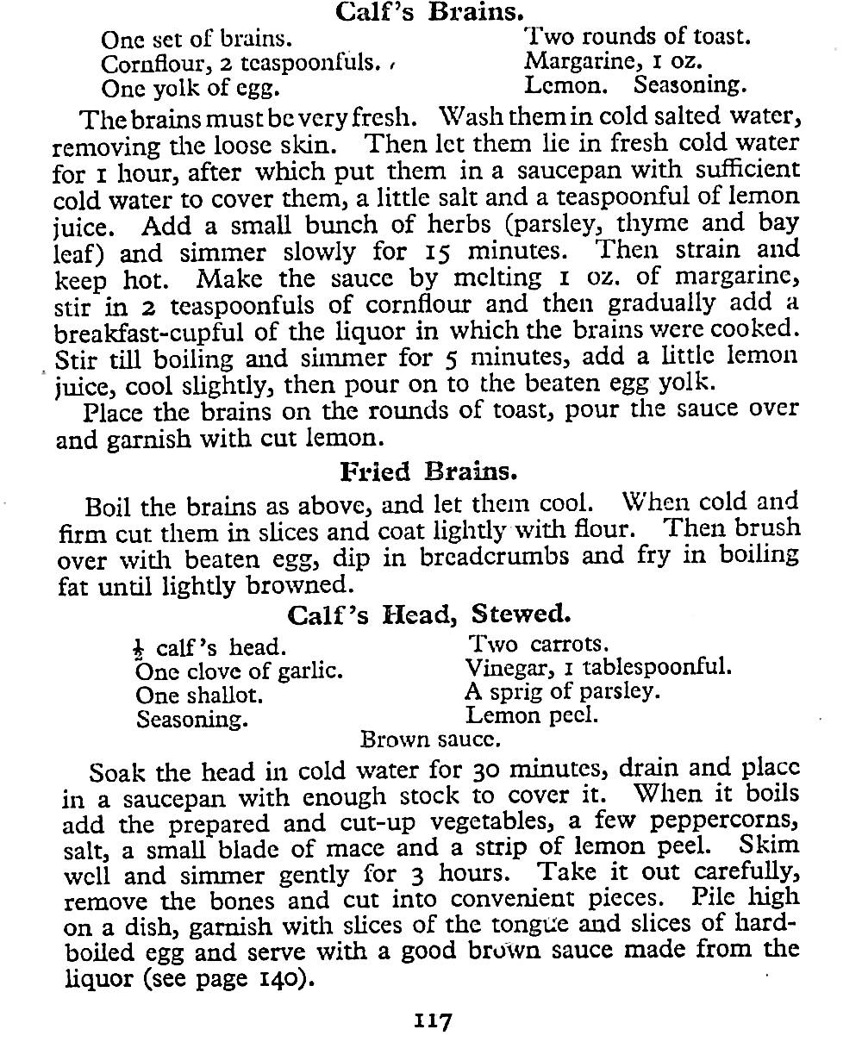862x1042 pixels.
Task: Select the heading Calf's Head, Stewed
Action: click(x=428, y=615)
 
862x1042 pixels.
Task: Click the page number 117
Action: click(x=431, y=1021)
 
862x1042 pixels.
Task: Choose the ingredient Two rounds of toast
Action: click(x=638, y=37)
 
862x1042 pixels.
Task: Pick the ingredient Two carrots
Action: click(x=538, y=644)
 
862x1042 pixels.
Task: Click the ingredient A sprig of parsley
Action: click(x=562, y=691)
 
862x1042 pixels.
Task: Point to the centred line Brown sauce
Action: click(x=431, y=739)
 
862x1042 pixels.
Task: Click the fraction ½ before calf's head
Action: click(x=141, y=647)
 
